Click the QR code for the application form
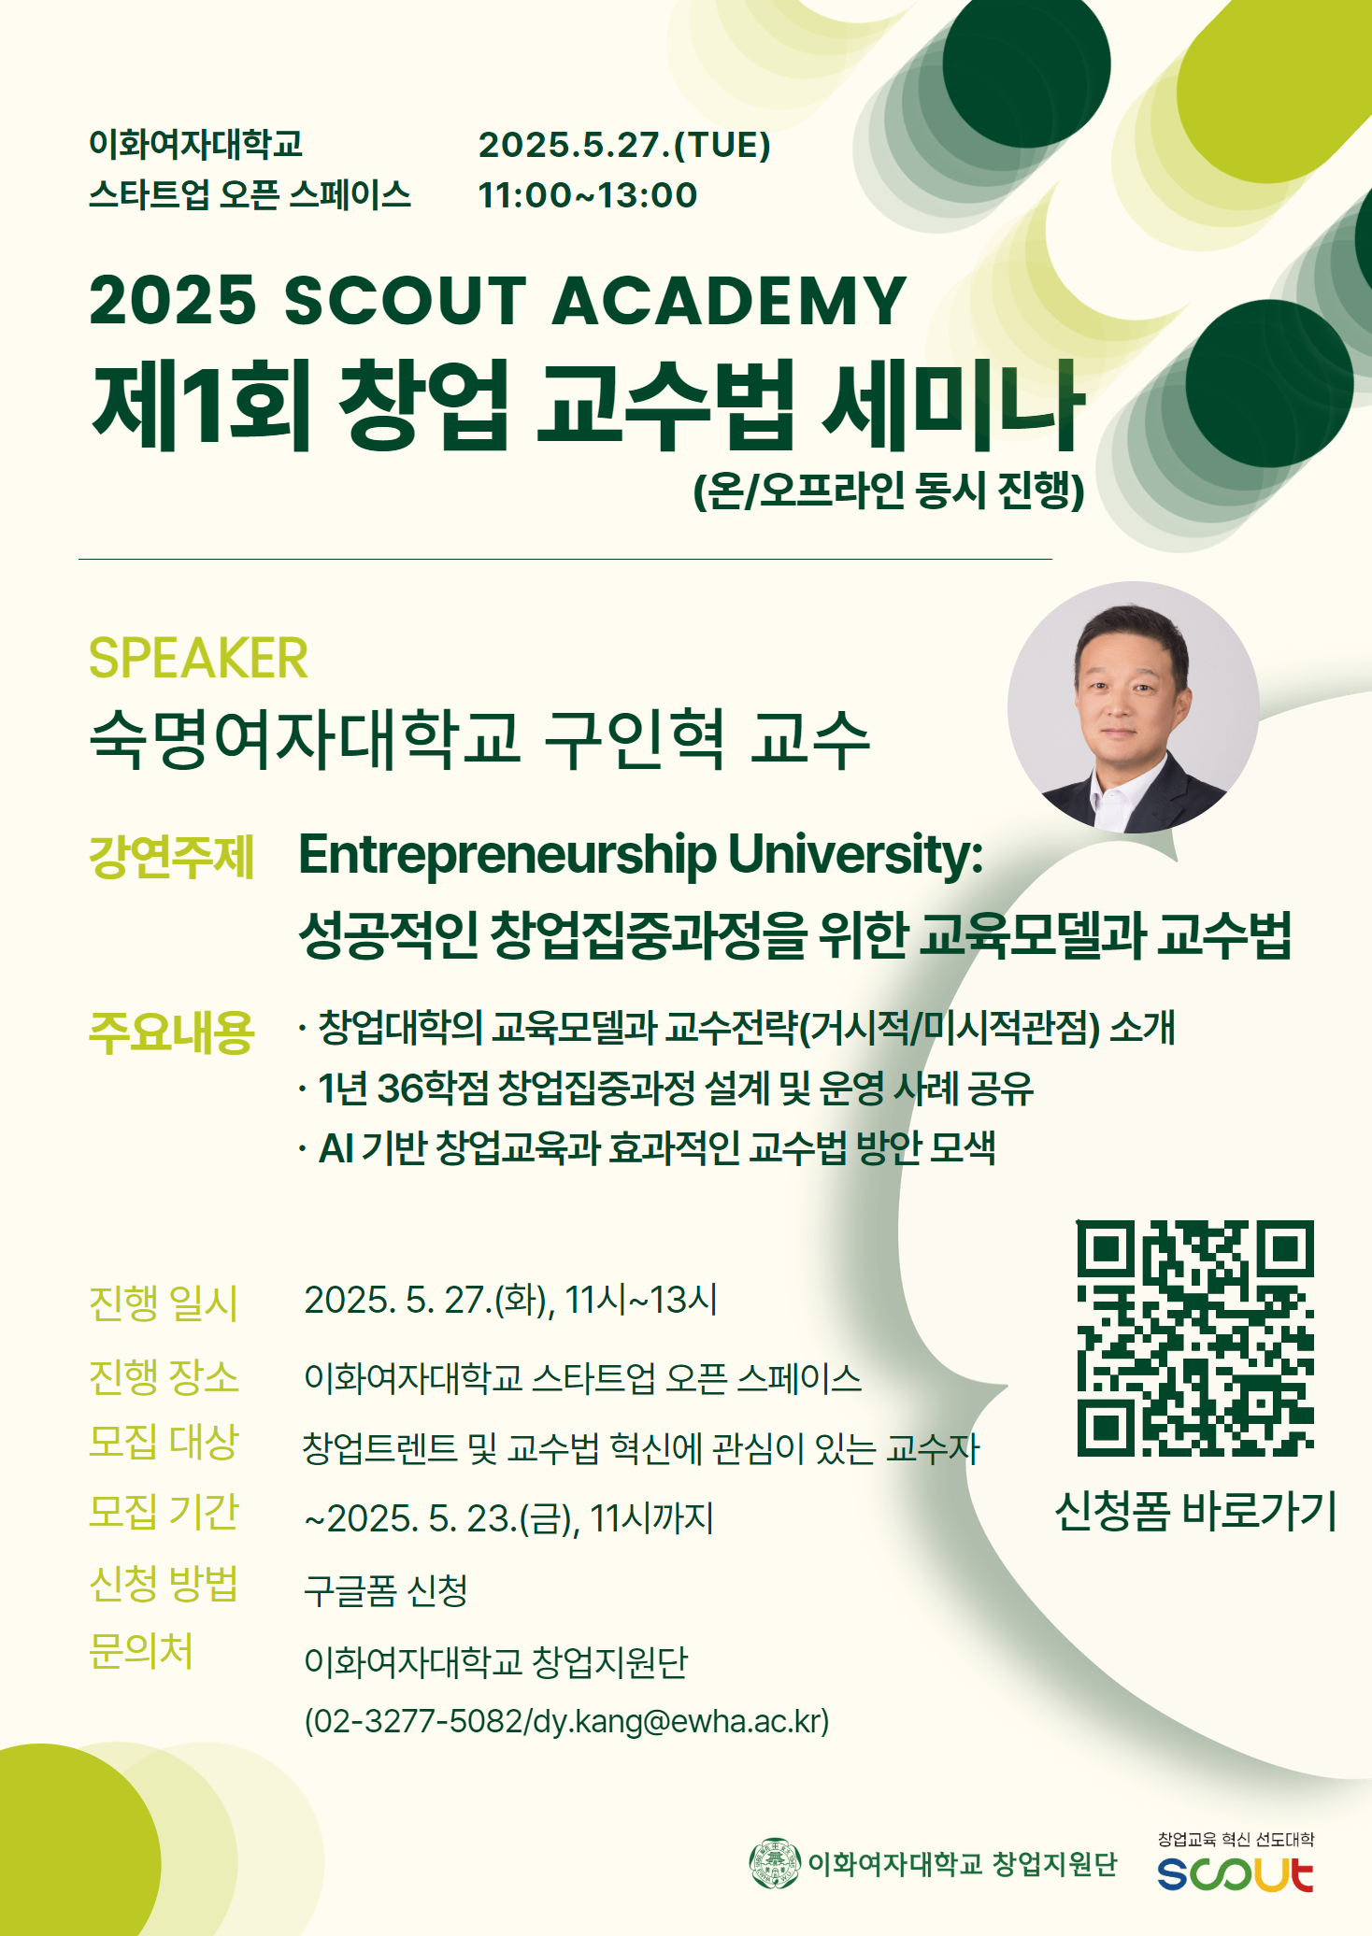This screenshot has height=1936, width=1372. (x=1195, y=1338)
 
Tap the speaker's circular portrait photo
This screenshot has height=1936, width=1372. (x=1134, y=707)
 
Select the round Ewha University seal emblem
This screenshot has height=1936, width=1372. (x=775, y=1863)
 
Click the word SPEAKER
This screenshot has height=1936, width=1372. (x=198, y=659)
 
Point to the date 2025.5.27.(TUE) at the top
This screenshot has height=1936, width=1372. (x=624, y=145)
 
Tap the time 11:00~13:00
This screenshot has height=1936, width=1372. (x=588, y=195)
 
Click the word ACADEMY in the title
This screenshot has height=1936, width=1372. (x=730, y=301)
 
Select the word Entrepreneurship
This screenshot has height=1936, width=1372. (x=507, y=856)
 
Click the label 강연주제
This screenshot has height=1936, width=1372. (x=171, y=856)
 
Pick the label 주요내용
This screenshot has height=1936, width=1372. (x=171, y=1032)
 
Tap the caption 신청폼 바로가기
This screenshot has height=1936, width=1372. (x=1195, y=1511)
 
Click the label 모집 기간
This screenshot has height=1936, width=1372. (x=164, y=1512)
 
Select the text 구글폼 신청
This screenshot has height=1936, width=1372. (x=386, y=1589)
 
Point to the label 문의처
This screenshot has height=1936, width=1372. (x=141, y=1651)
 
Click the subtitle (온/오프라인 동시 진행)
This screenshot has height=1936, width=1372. (x=889, y=491)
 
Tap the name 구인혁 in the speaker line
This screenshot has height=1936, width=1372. (x=635, y=738)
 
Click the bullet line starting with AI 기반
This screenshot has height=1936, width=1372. (x=647, y=1147)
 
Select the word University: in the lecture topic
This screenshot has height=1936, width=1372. (x=855, y=854)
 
